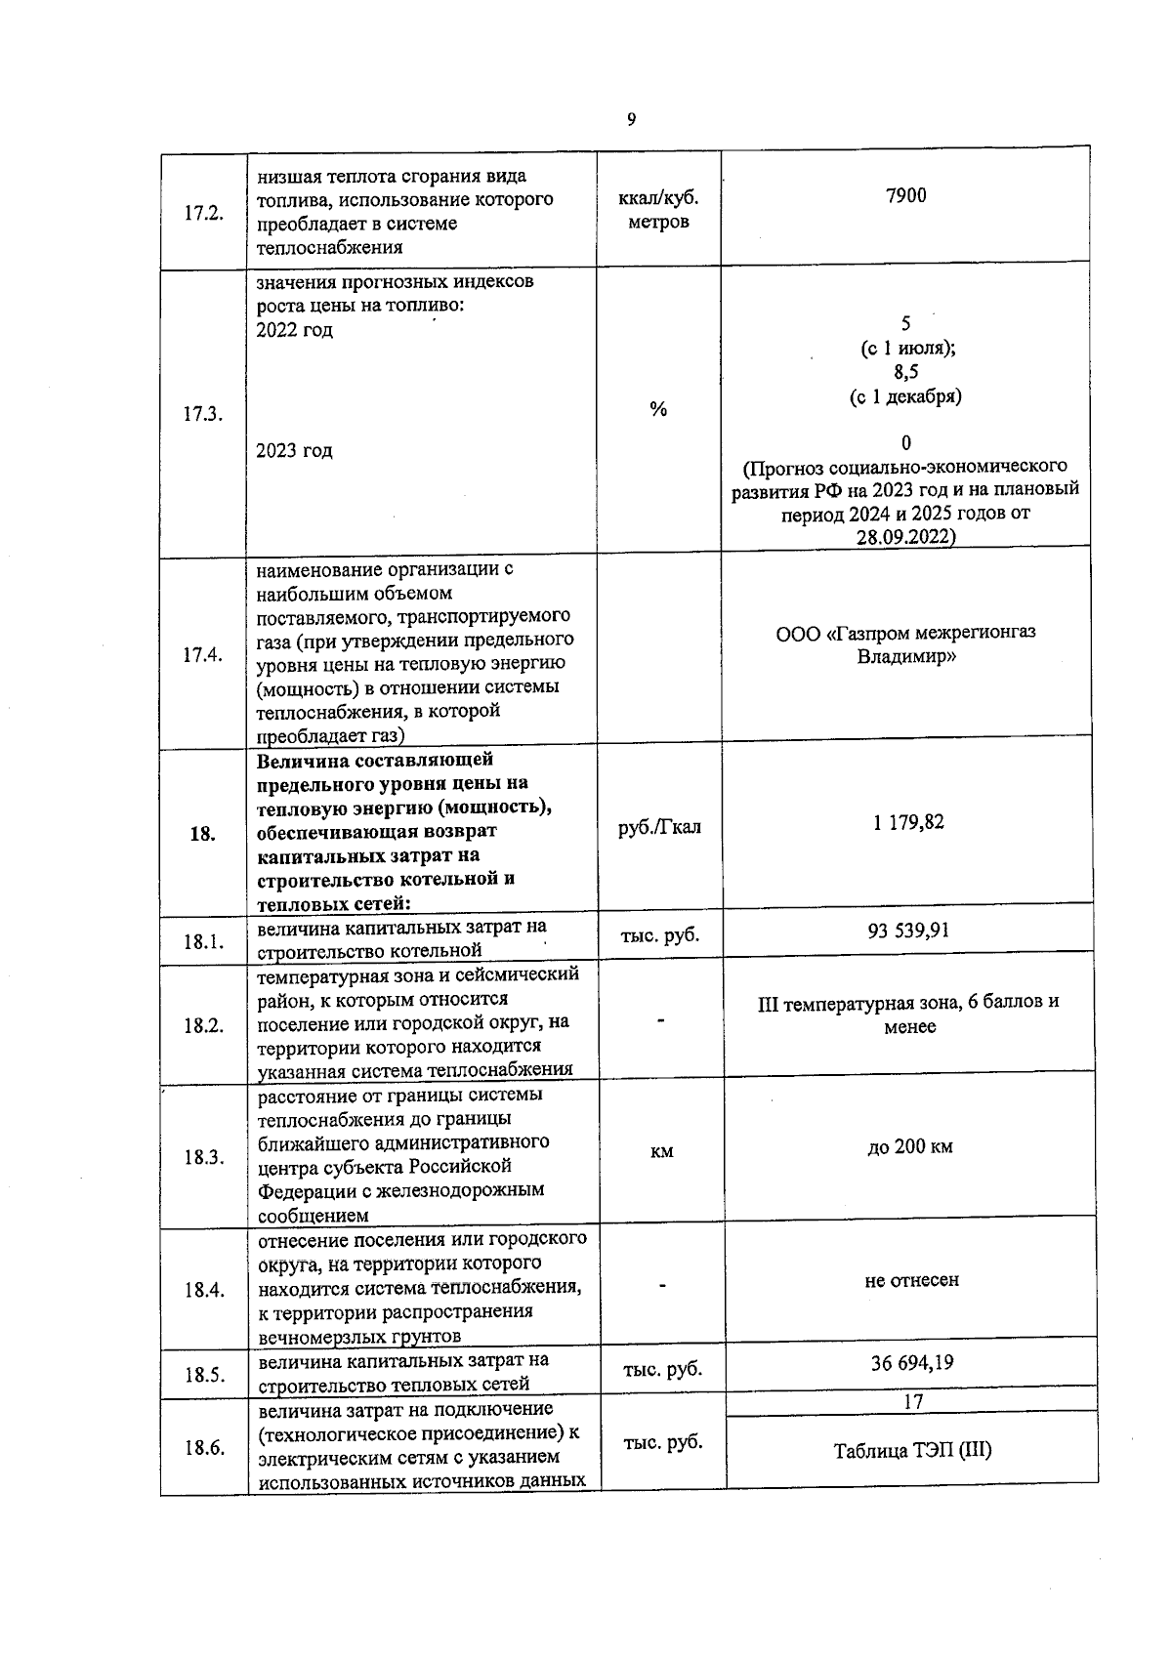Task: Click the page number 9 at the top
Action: coord(631,119)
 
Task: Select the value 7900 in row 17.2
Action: coord(905,196)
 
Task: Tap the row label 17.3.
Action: coord(202,414)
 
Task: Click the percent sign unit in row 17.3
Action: coord(658,410)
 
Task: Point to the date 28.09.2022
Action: coord(905,537)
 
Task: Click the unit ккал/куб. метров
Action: coord(658,210)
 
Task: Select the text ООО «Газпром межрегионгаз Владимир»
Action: coord(905,644)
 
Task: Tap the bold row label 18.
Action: coord(202,834)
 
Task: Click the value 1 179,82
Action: coord(908,822)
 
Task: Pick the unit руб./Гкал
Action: coord(660,828)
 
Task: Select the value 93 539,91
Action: coord(908,930)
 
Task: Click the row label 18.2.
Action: coord(203,1025)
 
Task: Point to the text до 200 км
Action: coord(909,1146)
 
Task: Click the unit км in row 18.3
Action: coord(661,1152)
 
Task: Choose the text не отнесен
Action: coord(911,1279)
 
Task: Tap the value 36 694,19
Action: coord(911,1362)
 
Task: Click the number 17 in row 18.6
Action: coord(912,1402)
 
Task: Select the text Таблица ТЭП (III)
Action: coord(912,1450)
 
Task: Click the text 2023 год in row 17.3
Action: coord(294,451)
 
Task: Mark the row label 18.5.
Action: coord(204,1375)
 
